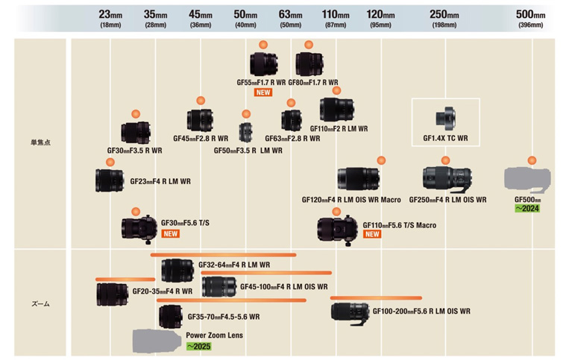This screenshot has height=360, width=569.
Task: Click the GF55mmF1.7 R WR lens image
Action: tap(263, 64)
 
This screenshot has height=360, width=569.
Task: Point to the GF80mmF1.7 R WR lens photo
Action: tap(308, 64)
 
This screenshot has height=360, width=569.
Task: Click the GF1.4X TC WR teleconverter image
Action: tap(445, 118)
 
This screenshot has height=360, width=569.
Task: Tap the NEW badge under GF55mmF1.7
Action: tap(263, 93)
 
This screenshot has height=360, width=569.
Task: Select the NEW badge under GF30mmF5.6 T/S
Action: tap(171, 233)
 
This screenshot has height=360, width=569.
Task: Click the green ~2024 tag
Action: tap(527, 209)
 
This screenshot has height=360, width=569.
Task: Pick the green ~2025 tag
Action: tap(198, 347)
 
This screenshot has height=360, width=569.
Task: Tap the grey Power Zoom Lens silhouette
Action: tap(157, 341)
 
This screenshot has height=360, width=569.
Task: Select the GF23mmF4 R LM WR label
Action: tap(160, 181)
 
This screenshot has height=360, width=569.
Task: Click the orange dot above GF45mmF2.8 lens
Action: tap(201, 101)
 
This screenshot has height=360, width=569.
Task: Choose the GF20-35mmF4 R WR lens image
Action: tap(112, 293)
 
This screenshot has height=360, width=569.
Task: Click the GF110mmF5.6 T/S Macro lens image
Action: tap(337, 229)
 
